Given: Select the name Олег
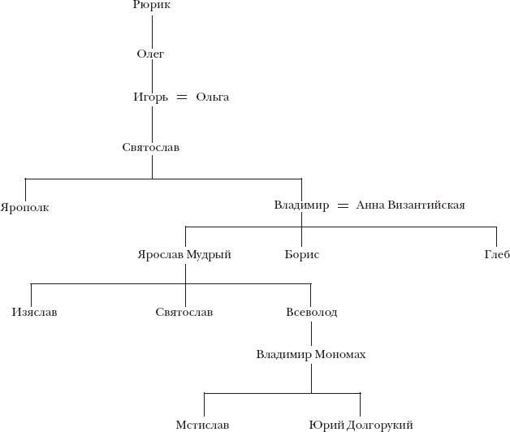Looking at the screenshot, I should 151,54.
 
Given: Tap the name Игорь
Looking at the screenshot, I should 150,97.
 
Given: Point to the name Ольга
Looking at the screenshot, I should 213,97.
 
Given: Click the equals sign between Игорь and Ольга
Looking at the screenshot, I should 182,97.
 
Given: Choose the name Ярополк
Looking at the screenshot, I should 25,207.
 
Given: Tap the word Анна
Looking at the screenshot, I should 370,205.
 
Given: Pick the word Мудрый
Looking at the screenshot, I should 209,255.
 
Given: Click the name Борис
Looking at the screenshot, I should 301,255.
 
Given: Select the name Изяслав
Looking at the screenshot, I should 35,312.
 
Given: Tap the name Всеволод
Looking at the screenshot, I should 311,312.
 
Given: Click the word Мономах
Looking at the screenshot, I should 336,355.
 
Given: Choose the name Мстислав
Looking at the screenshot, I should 202,425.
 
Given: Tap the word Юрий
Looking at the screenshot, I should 326,425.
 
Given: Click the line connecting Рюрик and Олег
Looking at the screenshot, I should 152,29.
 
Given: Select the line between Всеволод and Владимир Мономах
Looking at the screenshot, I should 311,333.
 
